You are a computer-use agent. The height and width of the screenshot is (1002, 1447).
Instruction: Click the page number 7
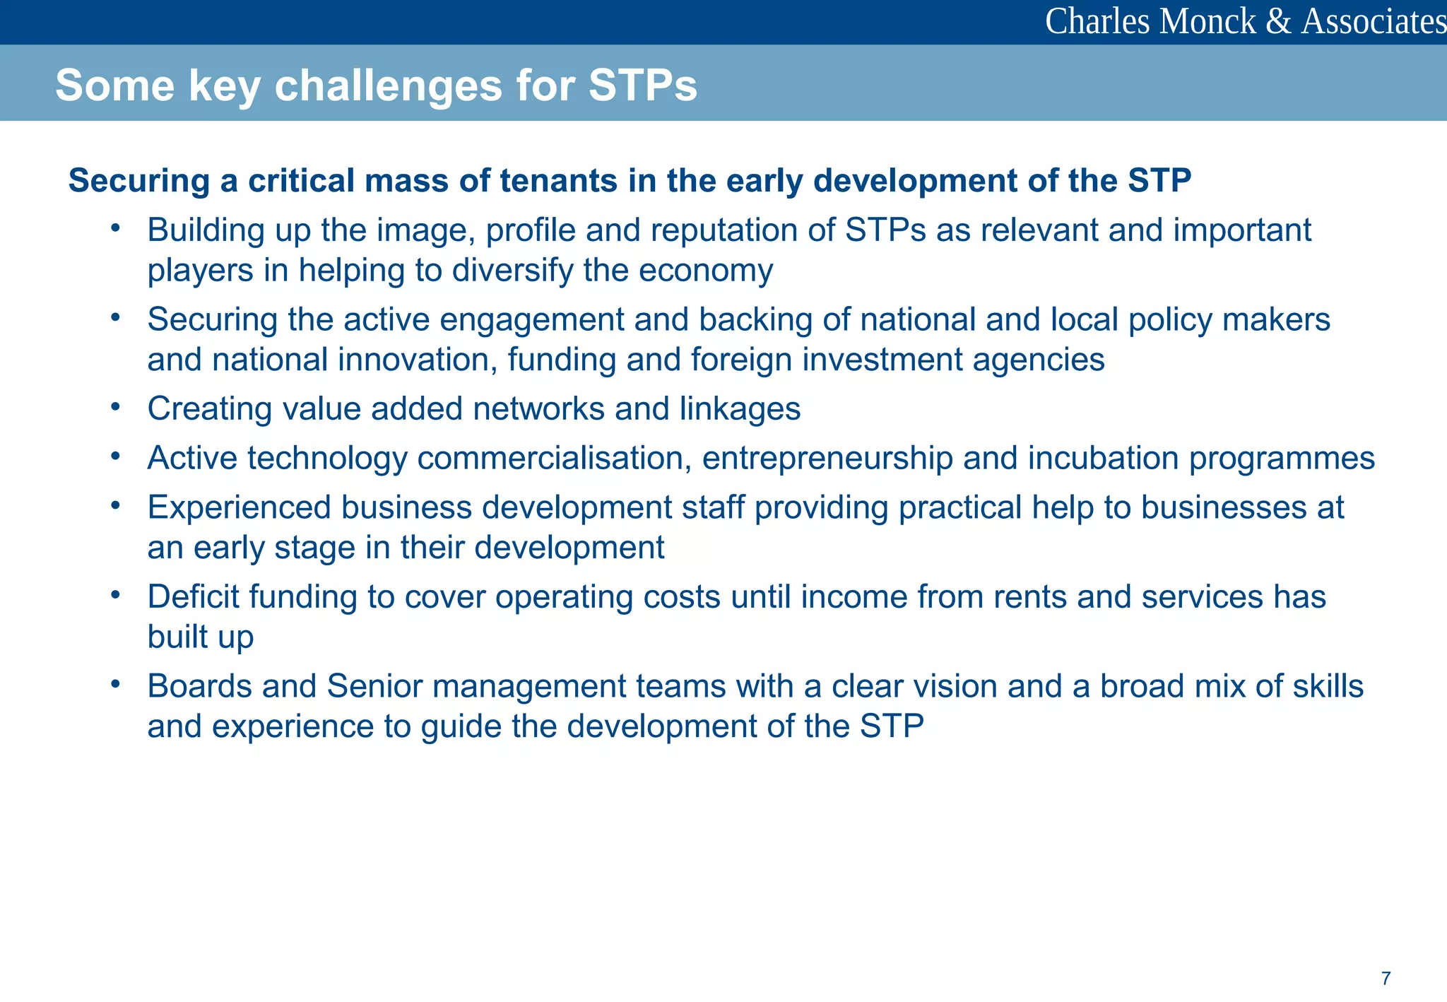click(x=1386, y=978)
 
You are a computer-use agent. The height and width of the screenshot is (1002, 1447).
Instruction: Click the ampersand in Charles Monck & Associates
click(x=1278, y=21)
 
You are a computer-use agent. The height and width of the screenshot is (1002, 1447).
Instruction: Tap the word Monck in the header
click(x=1207, y=21)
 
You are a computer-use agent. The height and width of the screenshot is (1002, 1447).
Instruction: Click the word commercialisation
click(x=554, y=459)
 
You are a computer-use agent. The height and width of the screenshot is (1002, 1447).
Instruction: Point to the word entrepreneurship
click(x=827, y=459)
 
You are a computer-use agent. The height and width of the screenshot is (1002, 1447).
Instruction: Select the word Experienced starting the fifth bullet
click(x=239, y=508)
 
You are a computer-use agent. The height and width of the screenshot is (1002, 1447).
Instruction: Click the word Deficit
click(x=193, y=597)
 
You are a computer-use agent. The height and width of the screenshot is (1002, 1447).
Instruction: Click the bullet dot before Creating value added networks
click(x=116, y=406)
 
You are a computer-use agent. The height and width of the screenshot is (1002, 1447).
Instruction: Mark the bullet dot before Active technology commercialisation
click(x=116, y=455)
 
